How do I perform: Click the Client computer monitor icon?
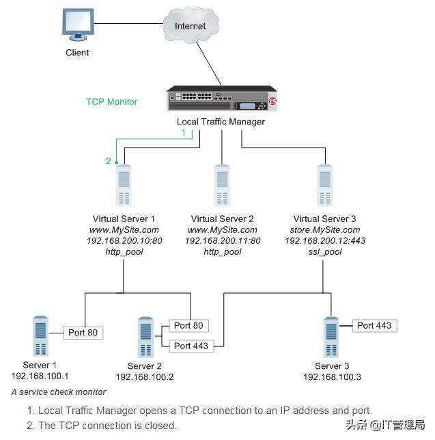(77, 25)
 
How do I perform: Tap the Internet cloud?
(190, 27)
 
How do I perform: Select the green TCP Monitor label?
(111, 102)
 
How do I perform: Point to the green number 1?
(183, 133)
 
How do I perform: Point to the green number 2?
(108, 161)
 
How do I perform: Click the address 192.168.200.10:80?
(124, 241)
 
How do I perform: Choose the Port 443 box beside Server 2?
(191, 346)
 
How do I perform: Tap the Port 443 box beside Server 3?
(374, 325)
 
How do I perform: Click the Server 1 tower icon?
(40, 336)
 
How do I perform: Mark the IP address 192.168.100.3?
(332, 377)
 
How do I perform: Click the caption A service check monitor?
(59, 392)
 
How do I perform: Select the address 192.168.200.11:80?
(223, 241)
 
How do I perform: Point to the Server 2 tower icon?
(145, 336)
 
